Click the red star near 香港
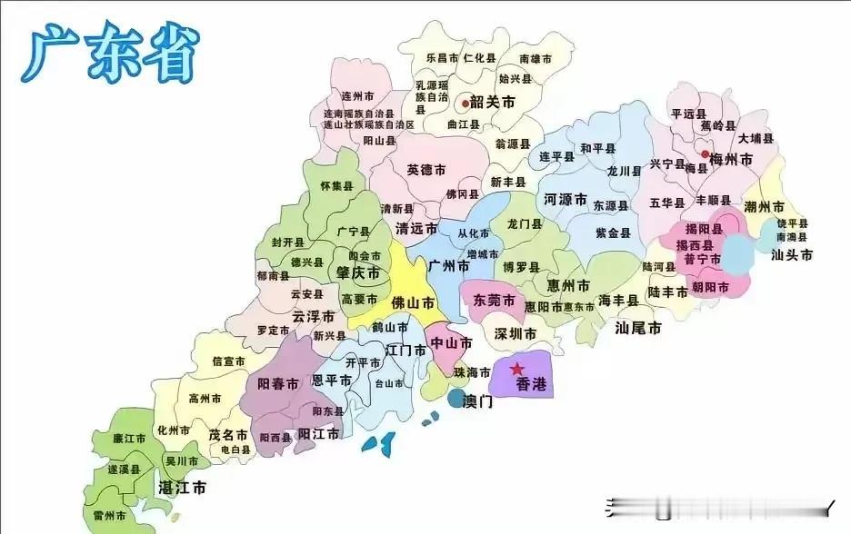[516, 369]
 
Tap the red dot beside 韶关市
[464, 104]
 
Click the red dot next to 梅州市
[705, 154]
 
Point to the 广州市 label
[448, 268]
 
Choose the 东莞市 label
[494, 301]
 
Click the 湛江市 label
[181, 488]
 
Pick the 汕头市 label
[791, 255]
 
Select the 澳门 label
[478, 400]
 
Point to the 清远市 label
[416, 229]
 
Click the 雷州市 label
[110, 515]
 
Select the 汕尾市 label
[638, 328]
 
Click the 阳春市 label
[277, 384]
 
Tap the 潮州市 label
[763, 207]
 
